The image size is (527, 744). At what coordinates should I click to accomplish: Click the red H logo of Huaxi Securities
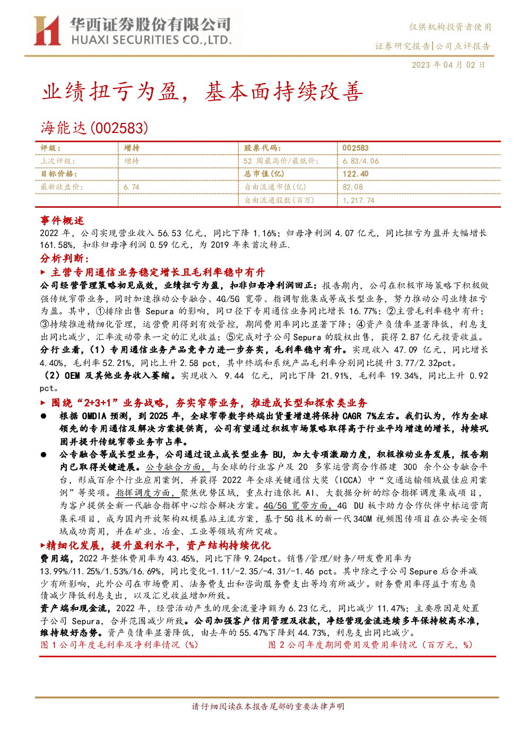click(47, 31)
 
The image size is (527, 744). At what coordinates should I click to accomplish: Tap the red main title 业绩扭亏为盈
click(110, 92)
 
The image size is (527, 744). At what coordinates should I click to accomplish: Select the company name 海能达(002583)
click(94, 128)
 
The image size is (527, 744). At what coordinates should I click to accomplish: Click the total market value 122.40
click(356, 174)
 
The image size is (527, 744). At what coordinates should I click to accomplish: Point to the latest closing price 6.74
click(132, 187)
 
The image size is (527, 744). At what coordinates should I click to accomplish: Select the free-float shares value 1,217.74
click(358, 200)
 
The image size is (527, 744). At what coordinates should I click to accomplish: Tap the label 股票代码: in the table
click(263, 148)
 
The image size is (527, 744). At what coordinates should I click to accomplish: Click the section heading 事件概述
click(62, 220)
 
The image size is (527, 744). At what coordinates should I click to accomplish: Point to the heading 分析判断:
click(65, 258)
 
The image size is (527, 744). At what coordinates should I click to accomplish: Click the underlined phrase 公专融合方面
click(178, 467)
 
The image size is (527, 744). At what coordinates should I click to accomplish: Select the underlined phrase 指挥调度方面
click(148, 493)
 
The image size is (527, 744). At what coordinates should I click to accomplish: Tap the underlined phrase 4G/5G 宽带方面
click(300, 506)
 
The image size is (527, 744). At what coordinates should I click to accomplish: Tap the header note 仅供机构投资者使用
click(450, 27)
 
